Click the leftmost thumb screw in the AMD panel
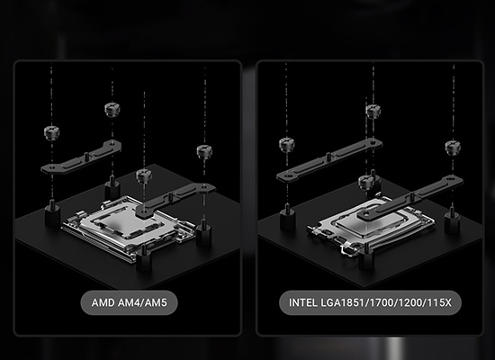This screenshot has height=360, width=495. coord(52,132)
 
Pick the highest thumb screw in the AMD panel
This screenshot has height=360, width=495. coord(112,109)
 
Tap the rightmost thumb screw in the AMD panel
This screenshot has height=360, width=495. coord(204,151)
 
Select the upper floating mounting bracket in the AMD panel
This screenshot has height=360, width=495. coord(81,157)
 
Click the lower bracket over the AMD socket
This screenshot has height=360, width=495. coord(175,200)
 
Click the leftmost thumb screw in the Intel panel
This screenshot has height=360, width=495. coord(287,145)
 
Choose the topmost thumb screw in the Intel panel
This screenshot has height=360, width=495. coord(373,112)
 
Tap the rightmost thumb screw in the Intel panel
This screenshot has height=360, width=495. coord(453,148)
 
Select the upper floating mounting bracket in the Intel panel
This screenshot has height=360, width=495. coord(329,160)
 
